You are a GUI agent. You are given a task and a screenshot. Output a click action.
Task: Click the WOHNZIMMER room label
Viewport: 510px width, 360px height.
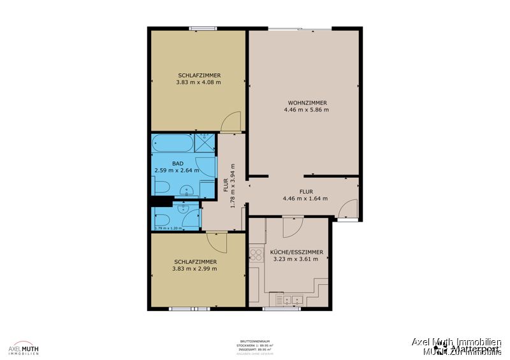click(x=307, y=103)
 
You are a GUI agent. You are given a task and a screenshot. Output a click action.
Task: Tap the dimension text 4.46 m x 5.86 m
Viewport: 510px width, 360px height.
click(x=307, y=110)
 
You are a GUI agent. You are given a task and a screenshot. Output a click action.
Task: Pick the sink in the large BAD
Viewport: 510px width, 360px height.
click(x=186, y=189)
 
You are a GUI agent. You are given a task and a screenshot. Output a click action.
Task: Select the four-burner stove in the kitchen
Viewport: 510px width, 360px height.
click(x=256, y=255)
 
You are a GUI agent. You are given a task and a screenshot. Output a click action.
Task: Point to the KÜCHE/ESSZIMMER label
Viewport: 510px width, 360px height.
click(x=297, y=252)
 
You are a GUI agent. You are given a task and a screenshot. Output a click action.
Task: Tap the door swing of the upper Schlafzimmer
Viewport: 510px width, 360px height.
click(x=231, y=122)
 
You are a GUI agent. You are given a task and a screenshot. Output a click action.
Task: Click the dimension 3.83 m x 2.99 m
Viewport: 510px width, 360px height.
click(x=194, y=269)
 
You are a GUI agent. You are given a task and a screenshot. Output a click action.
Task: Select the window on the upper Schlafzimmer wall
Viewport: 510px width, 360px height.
click(x=203, y=28)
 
